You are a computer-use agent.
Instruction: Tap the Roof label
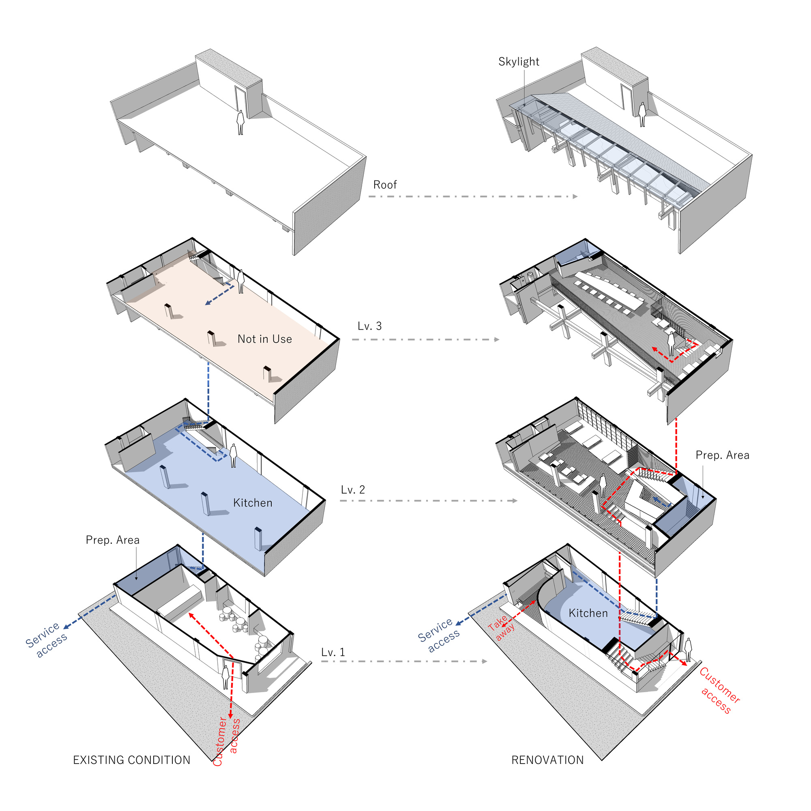coord(385,185)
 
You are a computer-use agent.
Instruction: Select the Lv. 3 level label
coord(369,326)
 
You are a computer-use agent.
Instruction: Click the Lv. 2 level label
coord(353,490)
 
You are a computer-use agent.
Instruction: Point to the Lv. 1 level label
coord(333,652)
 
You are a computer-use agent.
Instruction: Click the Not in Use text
coord(264,339)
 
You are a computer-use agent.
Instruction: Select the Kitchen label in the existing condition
coord(253,503)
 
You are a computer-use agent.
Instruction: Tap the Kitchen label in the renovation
coord(588,613)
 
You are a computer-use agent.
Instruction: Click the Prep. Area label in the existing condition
coord(112,540)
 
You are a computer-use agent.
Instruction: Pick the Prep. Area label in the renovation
coord(723,455)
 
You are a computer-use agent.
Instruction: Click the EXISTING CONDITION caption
coord(132,760)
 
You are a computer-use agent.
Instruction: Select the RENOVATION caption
coord(547,760)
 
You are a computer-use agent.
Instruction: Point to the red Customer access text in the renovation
coord(719,691)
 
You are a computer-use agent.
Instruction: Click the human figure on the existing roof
coord(240,122)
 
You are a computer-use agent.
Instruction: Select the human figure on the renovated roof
coord(642,115)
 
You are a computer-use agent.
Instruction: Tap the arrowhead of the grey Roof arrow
coord(575,196)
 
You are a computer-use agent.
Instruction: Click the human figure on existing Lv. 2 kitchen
coord(233,455)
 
